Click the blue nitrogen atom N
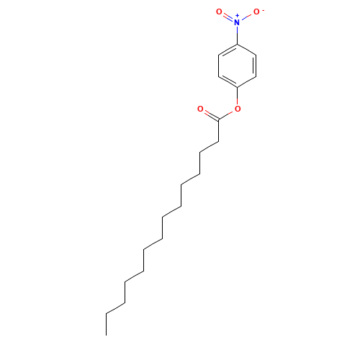238,22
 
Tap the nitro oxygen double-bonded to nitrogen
220,12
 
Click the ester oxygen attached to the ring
238,109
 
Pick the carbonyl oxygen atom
200,109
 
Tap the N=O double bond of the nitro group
228,17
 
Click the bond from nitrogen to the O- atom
247,17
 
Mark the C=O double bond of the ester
210,115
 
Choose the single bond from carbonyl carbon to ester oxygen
228,115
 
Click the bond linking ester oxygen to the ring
238,98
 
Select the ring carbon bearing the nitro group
238,45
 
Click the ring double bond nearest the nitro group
228,51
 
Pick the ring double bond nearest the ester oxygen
228,81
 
